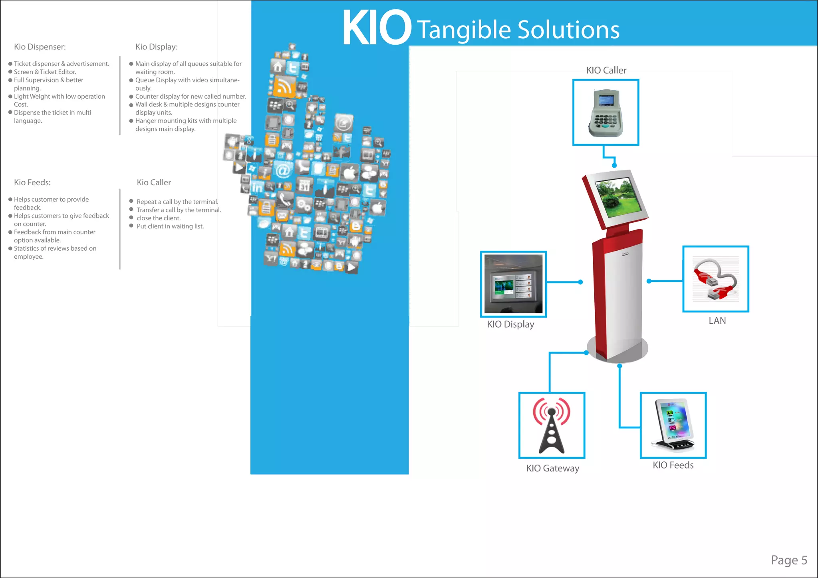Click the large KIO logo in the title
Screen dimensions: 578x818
point(376,28)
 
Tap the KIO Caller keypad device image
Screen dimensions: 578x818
point(606,113)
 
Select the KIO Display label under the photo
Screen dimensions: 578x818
point(510,324)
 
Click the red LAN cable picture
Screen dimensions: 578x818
point(715,279)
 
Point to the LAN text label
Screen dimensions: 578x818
point(717,321)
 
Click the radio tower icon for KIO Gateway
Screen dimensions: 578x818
point(552,426)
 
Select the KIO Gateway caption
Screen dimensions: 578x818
point(552,468)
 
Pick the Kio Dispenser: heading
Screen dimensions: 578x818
point(40,47)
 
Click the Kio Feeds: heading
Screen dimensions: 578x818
point(32,182)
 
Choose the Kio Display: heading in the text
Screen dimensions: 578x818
point(157,47)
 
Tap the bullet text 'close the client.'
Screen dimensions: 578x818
point(159,218)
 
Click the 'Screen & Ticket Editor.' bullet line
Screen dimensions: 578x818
point(45,72)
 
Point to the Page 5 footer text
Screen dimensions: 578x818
point(789,560)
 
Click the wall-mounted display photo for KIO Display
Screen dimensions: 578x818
point(513,284)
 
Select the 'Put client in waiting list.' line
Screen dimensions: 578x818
point(170,226)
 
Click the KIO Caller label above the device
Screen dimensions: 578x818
point(606,70)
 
